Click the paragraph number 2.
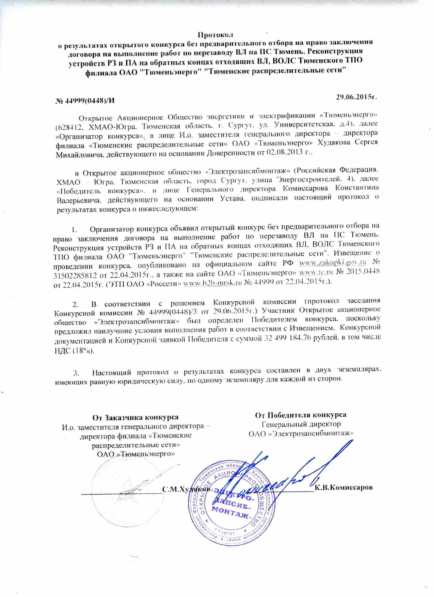point(75,305)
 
